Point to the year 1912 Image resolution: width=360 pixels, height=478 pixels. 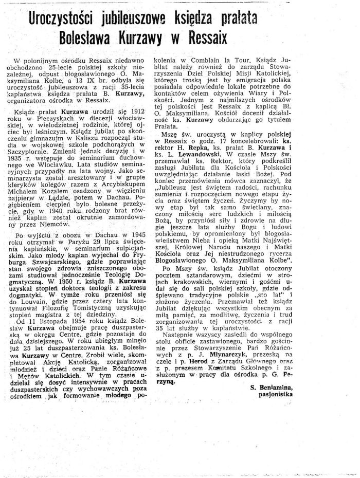(x=146, y=125)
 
